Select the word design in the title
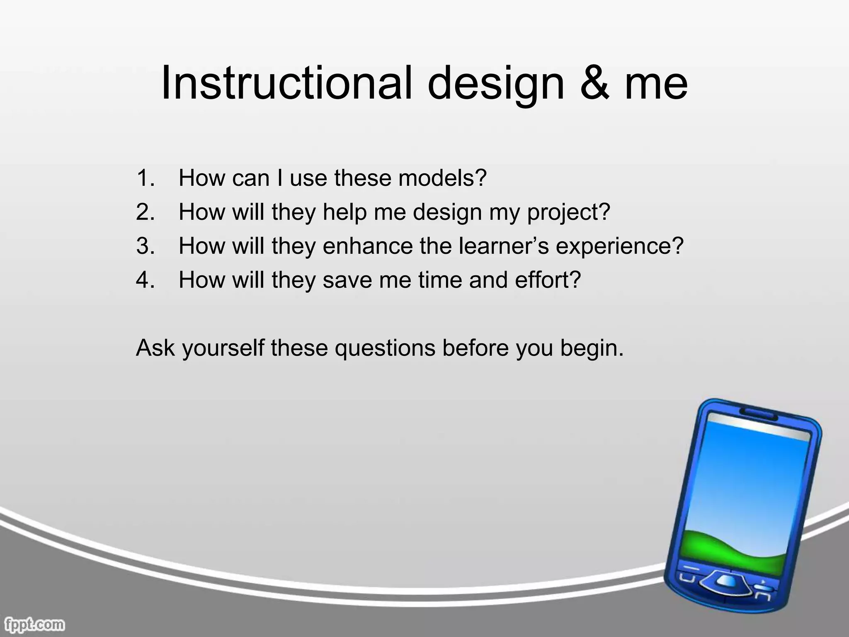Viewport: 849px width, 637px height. tap(496, 85)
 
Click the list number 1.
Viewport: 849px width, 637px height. tap(145, 178)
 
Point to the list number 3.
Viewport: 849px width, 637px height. tap(145, 246)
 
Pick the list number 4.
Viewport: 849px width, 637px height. tap(145, 280)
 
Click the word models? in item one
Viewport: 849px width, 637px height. tap(442, 178)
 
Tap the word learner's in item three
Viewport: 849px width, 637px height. tap(504, 246)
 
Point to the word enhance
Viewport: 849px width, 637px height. tap(368, 246)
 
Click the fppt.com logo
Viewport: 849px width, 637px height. tap(33, 624)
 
